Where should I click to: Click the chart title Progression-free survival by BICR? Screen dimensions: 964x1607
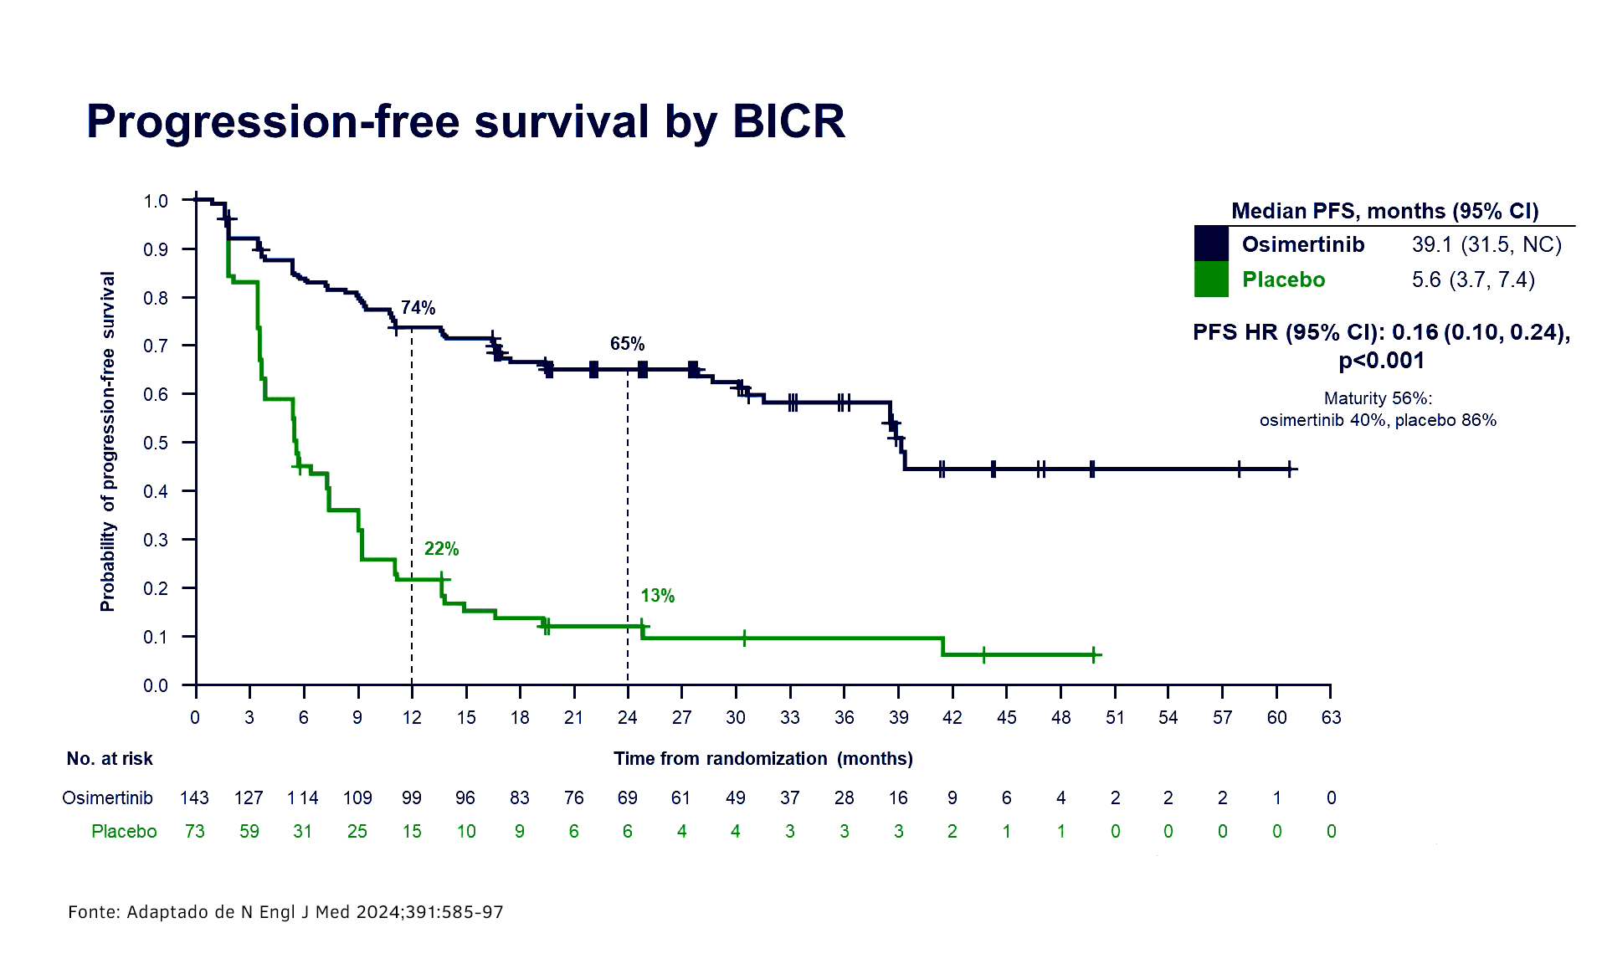tap(465, 121)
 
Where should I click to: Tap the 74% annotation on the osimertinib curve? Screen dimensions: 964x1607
tap(418, 308)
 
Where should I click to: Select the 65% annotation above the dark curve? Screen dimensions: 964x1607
tap(627, 344)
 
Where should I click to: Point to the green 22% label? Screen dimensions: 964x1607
tap(441, 549)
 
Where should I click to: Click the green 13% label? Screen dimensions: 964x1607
tap(658, 596)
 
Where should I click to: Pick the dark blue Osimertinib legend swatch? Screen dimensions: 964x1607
tap(1210, 244)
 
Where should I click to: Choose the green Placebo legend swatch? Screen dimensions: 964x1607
tap(1210, 279)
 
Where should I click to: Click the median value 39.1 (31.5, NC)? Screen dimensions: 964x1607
tap(1486, 244)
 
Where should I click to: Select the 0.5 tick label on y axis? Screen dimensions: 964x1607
tap(156, 443)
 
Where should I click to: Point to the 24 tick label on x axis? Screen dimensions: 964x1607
tap(627, 717)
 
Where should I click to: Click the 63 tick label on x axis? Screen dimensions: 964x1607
tap(1331, 717)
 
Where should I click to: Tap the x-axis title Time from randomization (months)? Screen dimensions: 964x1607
tap(762, 758)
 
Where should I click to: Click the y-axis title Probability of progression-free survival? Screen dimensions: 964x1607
tap(108, 441)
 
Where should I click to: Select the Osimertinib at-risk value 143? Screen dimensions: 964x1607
tap(194, 797)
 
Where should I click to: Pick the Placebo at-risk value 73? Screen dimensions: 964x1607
tap(194, 831)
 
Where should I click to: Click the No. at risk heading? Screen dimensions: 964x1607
tap(110, 759)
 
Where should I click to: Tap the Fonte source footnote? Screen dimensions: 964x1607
tap(285, 912)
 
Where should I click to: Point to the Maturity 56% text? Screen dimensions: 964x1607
tap(1378, 399)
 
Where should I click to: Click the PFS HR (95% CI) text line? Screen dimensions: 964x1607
tap(1381, 332)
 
